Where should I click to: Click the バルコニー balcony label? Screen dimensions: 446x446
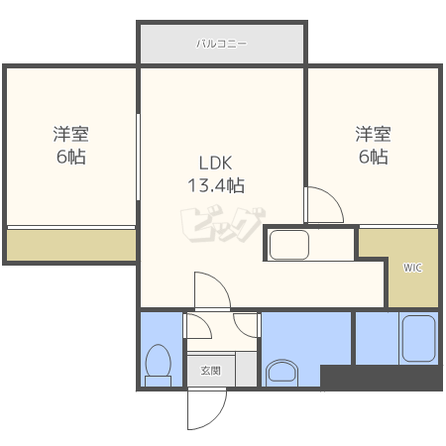click(221, 44)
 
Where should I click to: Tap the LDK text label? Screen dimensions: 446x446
click(215, 163)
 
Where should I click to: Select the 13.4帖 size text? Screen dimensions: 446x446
click(216, 185)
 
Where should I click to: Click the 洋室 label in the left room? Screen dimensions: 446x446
click(70, 134)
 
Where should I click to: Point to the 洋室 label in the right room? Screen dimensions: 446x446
click(373, 134)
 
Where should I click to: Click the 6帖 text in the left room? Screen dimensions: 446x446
click(71, 157)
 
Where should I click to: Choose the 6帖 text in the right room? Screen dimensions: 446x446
click(374, 157)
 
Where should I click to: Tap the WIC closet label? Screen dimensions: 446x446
click(412, 268)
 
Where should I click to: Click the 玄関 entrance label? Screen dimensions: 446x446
click(211, 371)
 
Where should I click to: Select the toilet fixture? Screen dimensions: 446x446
click(159, 365)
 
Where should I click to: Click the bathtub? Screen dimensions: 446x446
click(418, 339)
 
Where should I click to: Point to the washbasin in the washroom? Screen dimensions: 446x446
click(281, 373)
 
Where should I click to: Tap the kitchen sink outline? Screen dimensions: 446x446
click(289, 245)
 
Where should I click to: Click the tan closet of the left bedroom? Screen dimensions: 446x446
click(71, 245)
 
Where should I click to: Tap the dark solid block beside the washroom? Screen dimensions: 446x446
click(382, 378)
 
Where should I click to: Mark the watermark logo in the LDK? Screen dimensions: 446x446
click(223, 224)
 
